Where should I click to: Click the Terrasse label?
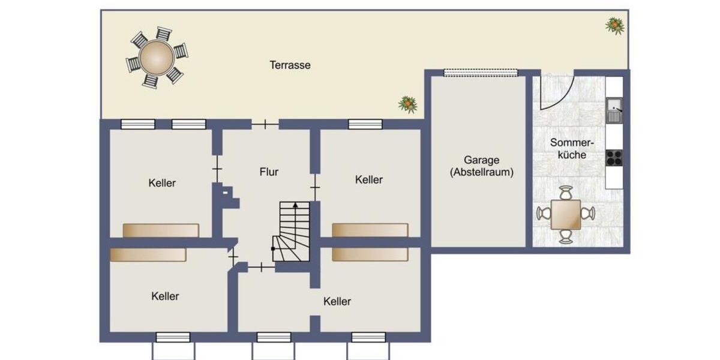pyautogui.click(x=290, y=65)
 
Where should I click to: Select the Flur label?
pyautogui.click(x=269, y=172)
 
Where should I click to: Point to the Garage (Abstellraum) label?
pyautogui.click(x=481, y=166)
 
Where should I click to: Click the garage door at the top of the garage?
pyautogui.click(x=480, y=73)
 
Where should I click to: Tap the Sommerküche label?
pyautogui.click(x=571, y=149)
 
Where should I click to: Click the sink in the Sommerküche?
pyautogui.click(x=613, y=110)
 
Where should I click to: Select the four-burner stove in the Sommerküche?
pyautogui.click(x=613, y=157)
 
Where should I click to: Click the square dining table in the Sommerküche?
pyautogui.click(x=566, y=214)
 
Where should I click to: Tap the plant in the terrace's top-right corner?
pyautogui.click(x=614, y=25)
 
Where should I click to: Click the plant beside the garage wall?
pyautogui.click(x=408, y=104)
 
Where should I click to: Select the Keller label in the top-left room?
pyautogui.click(x=162, y=183)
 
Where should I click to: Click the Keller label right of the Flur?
pyautogui.click(x=368, y=179)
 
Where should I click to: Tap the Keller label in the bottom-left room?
pyautogui.click(x=165, y=296)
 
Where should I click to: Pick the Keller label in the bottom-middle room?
pyautogui.click(x=337, y=301)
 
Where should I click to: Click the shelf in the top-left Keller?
pyautogui.click(x=161, y=230)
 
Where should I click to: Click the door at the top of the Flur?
pyautogui.click(x=265, y=124)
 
